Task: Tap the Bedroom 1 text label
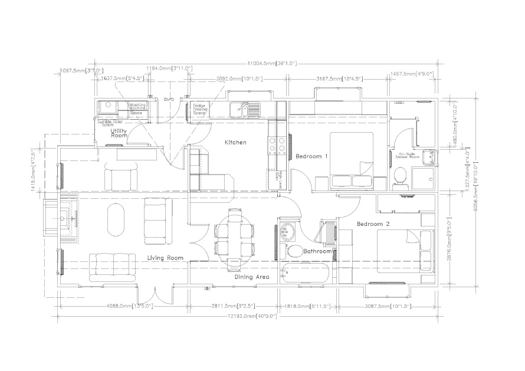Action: pyautogui.click(x=311, y=156)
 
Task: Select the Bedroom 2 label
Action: pyautogui.click(x=373, y=224)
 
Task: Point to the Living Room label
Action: pyautogui.click(x=165, y=258)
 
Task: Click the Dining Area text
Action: pyautogui.click(x=252, y=276)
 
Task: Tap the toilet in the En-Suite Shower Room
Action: pyautogui.click(x=401, y=175)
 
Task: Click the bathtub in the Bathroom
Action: pyautogui.click(x=306, y=275)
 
